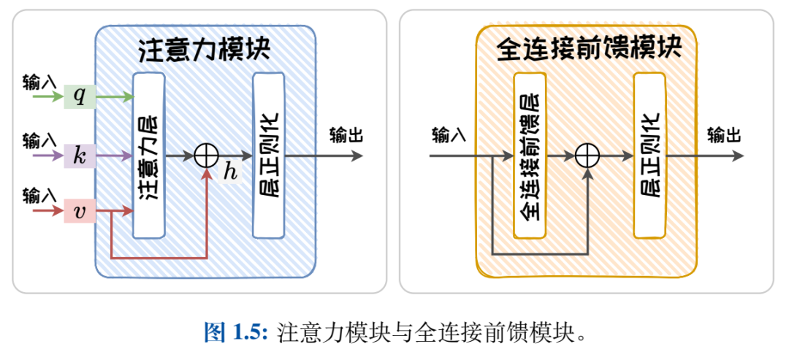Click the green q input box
pos(80,96)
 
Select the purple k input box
pos(80,155)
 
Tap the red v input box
pos(80,212)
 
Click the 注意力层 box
pos(149,155)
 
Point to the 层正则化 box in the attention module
pos(268,155)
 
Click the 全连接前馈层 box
pos(530,155)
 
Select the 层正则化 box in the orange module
pos(649,155)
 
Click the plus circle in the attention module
pos(207,155)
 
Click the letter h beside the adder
pos(231,173)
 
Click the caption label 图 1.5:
pos(237,333)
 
